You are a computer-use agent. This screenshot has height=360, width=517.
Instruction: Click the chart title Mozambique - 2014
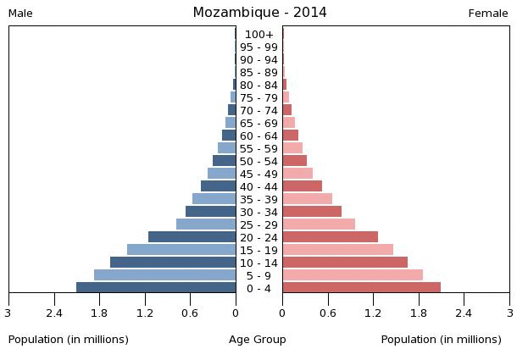(x=259, y=13)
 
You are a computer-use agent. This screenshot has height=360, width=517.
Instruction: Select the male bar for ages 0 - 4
(x=156, y=288)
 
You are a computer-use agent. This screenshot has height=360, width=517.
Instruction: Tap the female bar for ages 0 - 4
(x=361, y=288)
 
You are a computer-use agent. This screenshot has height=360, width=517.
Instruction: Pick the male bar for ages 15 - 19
(x=181, y=250)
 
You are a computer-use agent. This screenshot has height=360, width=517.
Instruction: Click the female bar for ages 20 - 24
(x=330, y=237)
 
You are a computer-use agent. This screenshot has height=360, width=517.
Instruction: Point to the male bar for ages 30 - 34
(x=210, y=212)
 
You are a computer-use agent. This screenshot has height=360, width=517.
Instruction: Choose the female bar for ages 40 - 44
(x=302, y=186)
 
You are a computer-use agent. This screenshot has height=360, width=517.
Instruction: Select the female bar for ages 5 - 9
(x=353, y=275)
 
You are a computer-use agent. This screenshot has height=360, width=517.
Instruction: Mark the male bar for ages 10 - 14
(x=173, y=263)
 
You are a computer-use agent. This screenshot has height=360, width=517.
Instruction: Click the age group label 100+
(x=258, y=35)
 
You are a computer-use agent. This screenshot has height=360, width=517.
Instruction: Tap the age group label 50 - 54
(x=258, y=162)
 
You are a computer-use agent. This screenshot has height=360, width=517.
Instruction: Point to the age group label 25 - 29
(x=258, y=225)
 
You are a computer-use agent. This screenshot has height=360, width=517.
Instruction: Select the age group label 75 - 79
(x=258, y=98)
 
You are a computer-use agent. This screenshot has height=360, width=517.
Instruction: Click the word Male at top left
(x=20, y=14)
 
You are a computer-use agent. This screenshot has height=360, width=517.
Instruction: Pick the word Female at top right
(x=488, y=14)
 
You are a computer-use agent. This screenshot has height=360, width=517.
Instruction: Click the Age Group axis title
(x=258, y=340)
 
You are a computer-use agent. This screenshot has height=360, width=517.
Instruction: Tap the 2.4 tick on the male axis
(x=54, y=312)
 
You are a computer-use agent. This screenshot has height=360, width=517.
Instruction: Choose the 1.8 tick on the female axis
(x=419, y=312)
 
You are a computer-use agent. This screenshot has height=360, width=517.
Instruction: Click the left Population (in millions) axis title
(x=69, y=340)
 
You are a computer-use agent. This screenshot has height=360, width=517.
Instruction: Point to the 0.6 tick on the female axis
(x=328, y=312)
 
